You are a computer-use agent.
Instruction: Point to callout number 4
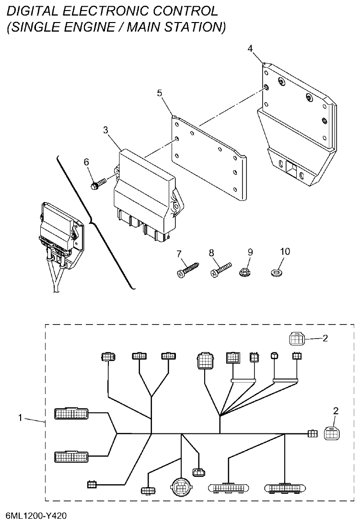click(250, 48)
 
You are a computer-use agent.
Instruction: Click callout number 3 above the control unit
click(105, 130)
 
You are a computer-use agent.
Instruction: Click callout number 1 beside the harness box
click(21, 417)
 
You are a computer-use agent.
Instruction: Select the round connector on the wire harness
click(181, 488)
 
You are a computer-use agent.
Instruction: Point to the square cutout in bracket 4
click(290, 168)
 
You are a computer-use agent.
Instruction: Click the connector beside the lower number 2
click(331, 433)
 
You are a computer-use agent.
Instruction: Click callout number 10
click(285, 252)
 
